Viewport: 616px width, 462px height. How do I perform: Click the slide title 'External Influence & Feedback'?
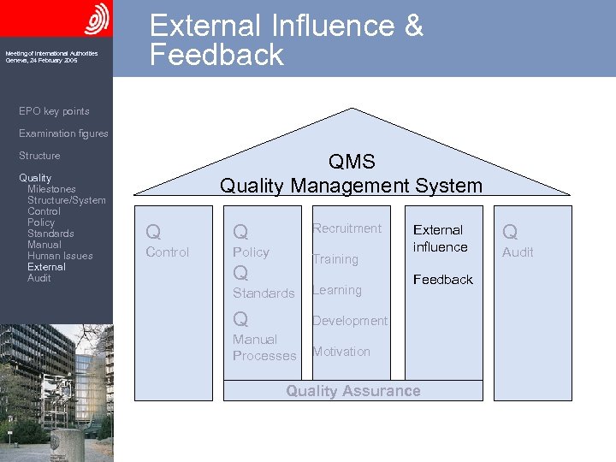[286, 39]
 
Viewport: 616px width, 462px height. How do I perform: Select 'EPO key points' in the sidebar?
[54, 111]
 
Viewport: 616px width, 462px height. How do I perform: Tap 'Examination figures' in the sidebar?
[63, 133]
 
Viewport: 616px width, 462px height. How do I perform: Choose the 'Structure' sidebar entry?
[39, 156]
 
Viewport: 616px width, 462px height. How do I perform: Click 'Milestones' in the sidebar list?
[51, 189]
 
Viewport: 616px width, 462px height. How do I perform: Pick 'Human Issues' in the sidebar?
[60, 256]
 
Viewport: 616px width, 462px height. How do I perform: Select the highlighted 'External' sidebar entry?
[46, 267]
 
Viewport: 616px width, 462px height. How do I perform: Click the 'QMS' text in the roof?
[352, 163]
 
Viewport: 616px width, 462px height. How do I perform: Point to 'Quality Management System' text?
[351, 185]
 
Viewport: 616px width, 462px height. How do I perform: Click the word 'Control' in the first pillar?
[168, 252]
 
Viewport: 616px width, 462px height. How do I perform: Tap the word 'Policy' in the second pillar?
[251, 252]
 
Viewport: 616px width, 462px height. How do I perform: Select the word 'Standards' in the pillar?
[264, 293]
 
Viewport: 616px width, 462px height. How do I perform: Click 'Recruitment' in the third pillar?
[346, 228]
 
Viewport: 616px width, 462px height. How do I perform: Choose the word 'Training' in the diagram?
[335, 259]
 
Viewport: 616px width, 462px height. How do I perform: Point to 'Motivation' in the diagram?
[341, 352]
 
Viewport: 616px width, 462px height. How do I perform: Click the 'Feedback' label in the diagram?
[443, 280]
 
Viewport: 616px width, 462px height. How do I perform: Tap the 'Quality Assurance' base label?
[353, 391]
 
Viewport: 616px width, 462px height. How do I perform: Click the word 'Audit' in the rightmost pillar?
[518, 252]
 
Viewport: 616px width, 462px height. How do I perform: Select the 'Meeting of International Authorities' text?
[51, 53]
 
